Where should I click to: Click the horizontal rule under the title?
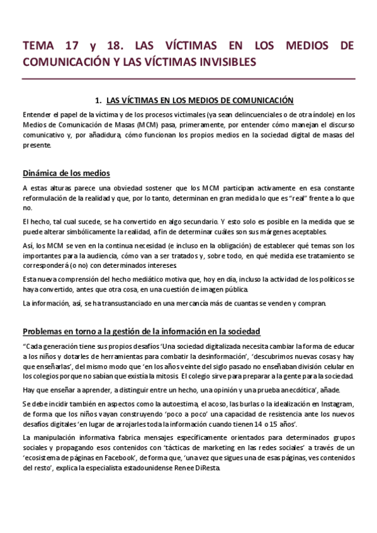[188, 79]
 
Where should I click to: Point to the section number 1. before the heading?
[98, 99]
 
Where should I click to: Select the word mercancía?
[190, 304]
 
